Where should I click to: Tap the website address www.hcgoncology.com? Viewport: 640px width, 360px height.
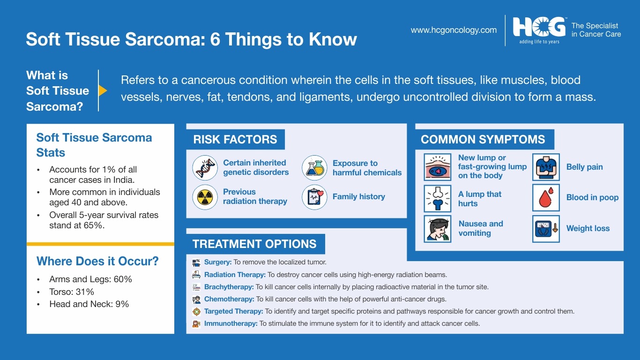[454, 30]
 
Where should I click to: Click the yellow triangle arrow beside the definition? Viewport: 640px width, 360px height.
[103, 90]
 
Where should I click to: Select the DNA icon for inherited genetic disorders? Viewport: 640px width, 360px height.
[205, 167]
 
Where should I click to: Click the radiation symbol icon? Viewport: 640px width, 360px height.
[205, 197]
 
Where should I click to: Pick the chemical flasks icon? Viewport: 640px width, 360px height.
[314, 167]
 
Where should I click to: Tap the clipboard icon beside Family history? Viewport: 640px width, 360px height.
[314, 197]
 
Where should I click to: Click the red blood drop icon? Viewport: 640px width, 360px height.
[546, 198]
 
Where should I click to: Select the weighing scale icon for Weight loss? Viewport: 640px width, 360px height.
[546, 229]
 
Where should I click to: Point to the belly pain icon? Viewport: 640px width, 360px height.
[546, 167]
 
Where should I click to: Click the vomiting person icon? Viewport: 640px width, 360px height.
[438, 229]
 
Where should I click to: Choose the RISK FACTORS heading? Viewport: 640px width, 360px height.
[235, 140]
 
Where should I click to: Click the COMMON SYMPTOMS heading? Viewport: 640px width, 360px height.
[483, 140]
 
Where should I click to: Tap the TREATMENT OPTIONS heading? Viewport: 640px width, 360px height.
[254, 244]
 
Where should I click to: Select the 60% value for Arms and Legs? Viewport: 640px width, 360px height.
[123, 279]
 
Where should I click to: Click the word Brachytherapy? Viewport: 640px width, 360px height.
[229, 287]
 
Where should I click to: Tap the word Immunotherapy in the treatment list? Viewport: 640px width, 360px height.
[231, 323]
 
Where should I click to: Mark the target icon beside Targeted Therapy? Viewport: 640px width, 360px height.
[196, 311]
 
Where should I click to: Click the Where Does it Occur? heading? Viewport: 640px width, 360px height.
[97, 261]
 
